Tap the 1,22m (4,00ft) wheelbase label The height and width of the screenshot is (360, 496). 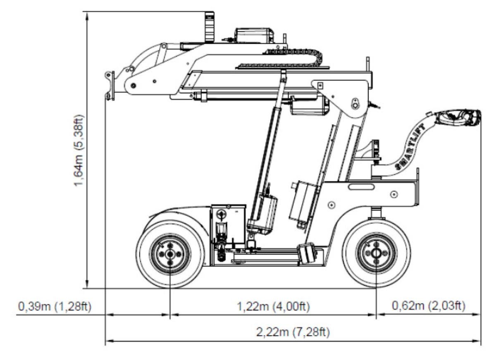point(273,307)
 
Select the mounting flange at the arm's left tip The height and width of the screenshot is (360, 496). point(110,85)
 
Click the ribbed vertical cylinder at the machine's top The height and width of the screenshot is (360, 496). point(210,27)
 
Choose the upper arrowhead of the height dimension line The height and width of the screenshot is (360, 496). point(86,15)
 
